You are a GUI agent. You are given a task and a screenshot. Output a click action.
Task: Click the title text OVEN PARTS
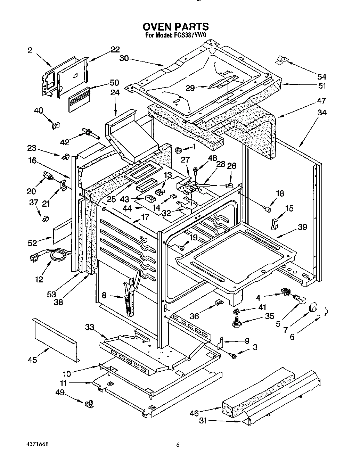(x=176, y=26)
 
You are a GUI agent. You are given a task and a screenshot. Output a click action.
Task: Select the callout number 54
(x=321, y=77)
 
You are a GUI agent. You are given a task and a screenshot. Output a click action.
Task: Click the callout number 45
(x=32, y=360)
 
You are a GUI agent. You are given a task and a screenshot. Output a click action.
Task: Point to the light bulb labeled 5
(x=297, y=297)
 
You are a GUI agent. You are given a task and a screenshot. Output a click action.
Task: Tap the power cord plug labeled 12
(x=35, y=257)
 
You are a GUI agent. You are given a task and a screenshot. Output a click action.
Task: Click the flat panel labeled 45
(x=56, y=339)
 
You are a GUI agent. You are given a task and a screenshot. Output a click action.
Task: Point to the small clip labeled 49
(x=89, y=403)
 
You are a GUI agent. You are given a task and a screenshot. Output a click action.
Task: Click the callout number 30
(x=124, y=59)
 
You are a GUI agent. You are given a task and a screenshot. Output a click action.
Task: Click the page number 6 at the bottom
(x=178, y=445)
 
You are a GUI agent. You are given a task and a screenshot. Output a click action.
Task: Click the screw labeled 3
(x=233, y=355)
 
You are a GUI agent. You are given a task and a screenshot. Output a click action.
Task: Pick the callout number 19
(x=193, y=237)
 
